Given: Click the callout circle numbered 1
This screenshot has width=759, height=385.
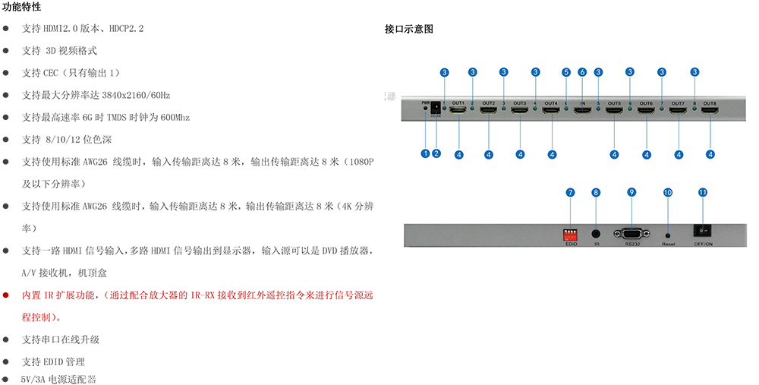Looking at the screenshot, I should tap(426, 153).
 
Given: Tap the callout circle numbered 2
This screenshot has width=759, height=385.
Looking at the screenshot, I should tap(436, 153).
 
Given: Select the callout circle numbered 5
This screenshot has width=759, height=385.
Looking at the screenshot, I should tap(566, 72).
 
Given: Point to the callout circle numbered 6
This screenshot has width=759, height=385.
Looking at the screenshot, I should tap(582, 72).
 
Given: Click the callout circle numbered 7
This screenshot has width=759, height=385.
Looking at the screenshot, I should tap(570, 192).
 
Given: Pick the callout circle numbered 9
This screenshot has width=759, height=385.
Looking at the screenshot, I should tap(631, 192).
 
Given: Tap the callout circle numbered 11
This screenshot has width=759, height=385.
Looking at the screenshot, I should tap(703, 192).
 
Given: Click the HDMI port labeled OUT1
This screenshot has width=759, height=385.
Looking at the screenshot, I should tap(458, 111).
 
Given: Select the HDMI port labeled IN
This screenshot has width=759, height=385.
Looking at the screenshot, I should tap(583, 111).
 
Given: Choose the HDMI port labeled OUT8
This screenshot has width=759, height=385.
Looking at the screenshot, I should tap(710, 111).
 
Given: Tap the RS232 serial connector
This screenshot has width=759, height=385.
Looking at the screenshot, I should tap(632, 234).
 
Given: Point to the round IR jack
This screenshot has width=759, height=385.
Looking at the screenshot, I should tap(597, 235).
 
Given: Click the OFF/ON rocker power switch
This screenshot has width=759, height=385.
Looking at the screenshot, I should tap(703, 230).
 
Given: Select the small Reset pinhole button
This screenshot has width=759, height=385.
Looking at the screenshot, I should tap(668, 235).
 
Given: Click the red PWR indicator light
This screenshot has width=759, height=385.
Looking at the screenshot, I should tap(426, 109).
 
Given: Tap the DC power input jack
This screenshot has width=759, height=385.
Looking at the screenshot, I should tap(436, 109).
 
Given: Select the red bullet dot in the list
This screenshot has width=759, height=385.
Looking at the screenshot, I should tap(6, 294).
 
